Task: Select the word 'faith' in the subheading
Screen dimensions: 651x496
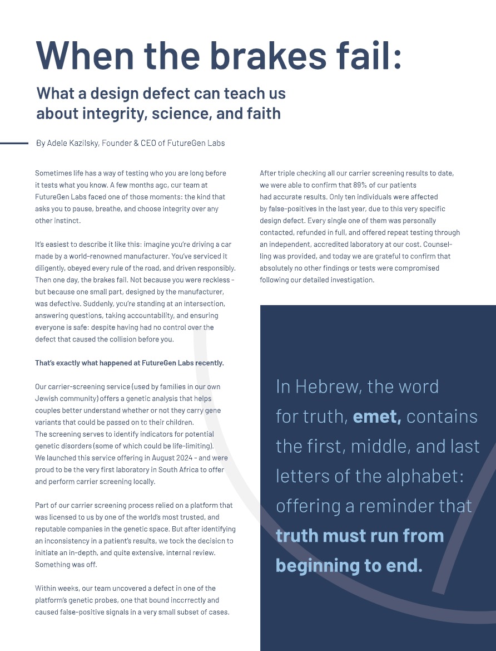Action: [264, 114]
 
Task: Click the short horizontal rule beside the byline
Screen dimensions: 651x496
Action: [14, 143]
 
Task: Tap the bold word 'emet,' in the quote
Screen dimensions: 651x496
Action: [377, 417]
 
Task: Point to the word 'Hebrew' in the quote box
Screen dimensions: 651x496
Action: [331, 386]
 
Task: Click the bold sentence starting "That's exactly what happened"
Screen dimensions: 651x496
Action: [130, 363]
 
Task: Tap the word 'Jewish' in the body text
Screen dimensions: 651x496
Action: [47, 398]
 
